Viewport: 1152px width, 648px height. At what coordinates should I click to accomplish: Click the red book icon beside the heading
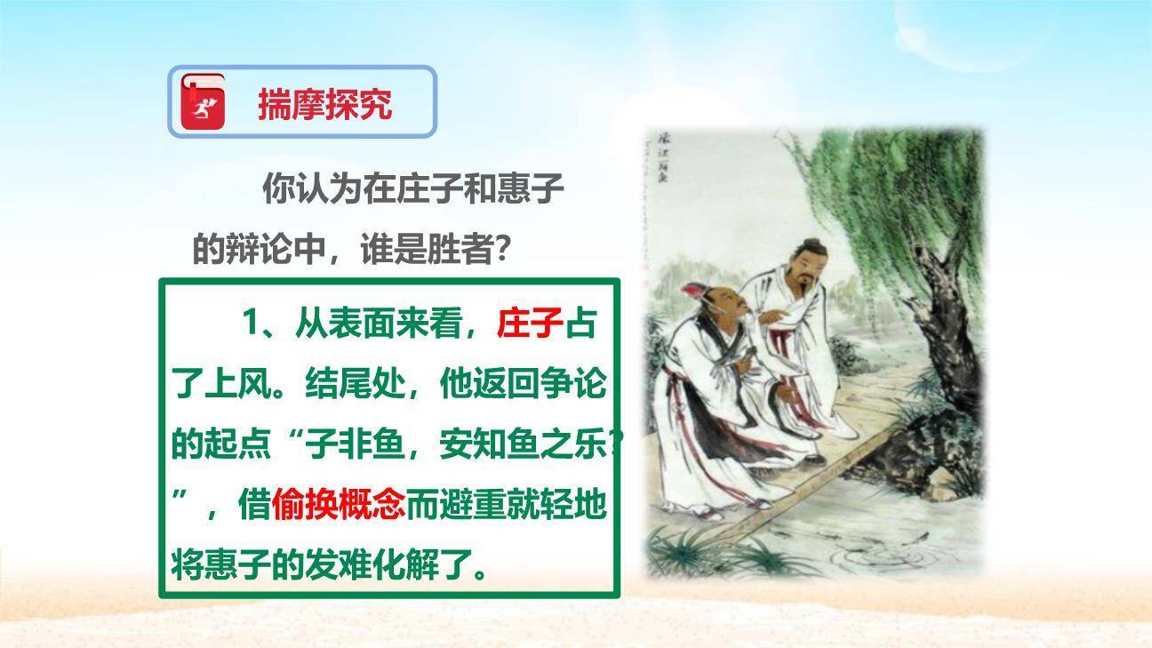[x=204, y=101]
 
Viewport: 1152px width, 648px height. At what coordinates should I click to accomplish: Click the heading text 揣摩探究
[x=324, y=105]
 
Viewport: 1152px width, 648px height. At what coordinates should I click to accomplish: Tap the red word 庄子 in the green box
[x=531, y=324]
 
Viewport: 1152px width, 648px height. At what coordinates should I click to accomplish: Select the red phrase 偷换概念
[x=339, y=505]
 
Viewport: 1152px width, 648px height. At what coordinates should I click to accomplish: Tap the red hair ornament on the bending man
[x=692, y=291]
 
